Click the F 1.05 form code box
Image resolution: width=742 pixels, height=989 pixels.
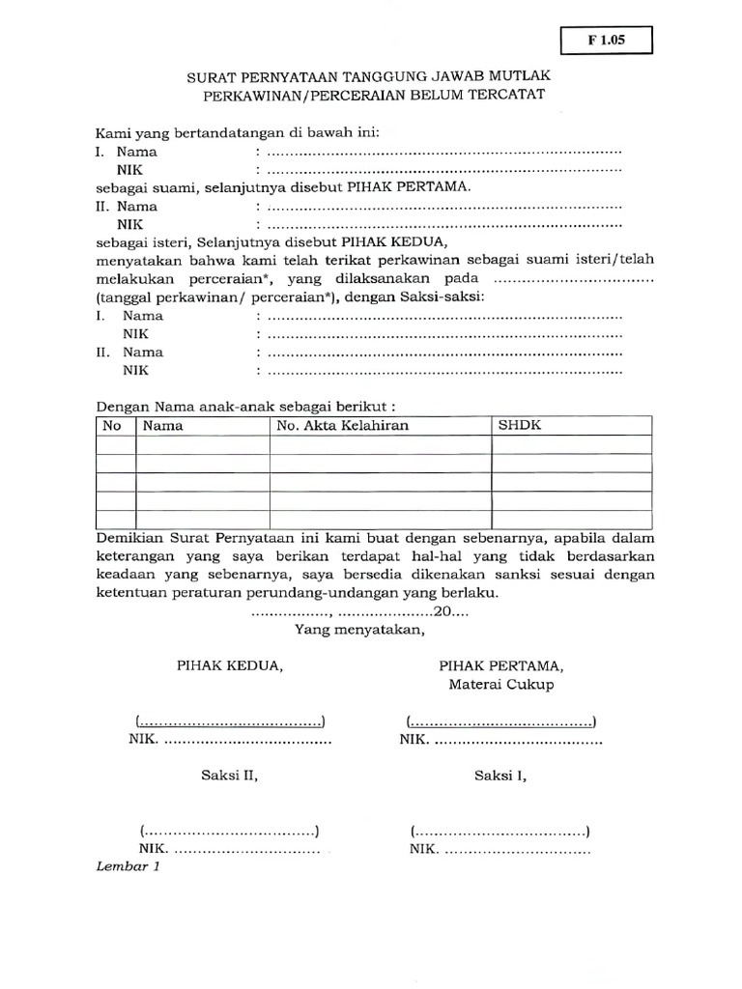point(607,41)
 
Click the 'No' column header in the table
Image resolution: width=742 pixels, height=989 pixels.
point(111,425)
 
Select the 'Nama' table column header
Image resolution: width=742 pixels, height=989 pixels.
point(163,425)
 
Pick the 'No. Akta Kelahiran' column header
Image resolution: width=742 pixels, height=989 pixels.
point(343,425)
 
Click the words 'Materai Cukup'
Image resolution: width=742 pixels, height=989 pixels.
point(501,685)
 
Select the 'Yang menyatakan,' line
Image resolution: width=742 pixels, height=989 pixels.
point(359,631)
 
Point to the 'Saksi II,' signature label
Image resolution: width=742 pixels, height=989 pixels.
point(229,775)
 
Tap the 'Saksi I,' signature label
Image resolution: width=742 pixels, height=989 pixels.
point(500,775)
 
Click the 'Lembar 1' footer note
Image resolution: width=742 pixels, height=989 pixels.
point(128,866)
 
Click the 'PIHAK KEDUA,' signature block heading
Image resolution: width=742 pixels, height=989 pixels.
point(229,666)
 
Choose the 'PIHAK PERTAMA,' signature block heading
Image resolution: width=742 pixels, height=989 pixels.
point(501,666)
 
